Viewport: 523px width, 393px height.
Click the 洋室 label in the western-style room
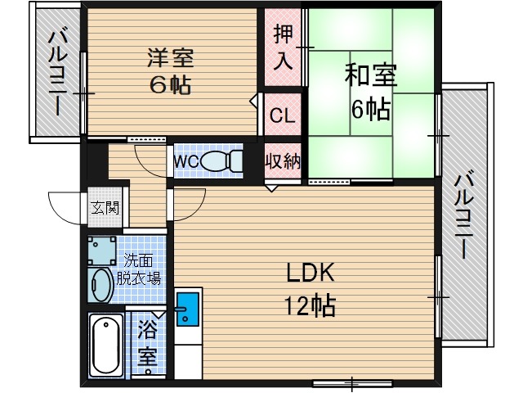169,58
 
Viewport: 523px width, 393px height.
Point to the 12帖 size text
310,306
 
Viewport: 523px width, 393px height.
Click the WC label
185,161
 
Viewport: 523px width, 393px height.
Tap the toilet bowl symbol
218,160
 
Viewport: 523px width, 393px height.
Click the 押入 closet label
283,47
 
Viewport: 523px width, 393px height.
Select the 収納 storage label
283,160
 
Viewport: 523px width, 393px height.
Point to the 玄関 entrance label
104,207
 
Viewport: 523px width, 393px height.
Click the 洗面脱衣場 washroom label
141,269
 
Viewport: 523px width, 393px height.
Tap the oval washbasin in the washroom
102,286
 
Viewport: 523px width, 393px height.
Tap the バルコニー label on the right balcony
466,214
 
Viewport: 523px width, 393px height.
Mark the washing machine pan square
102,249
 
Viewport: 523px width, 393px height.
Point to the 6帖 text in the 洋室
169,84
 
